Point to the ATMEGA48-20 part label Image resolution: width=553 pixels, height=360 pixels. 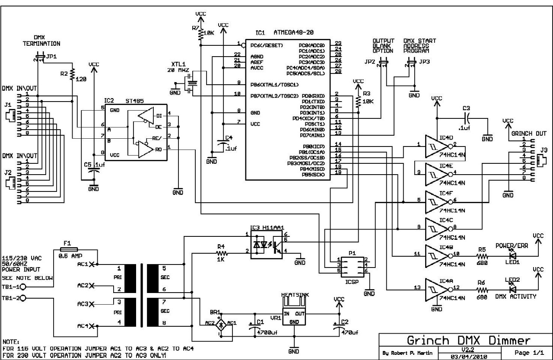[x=292, y=32]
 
